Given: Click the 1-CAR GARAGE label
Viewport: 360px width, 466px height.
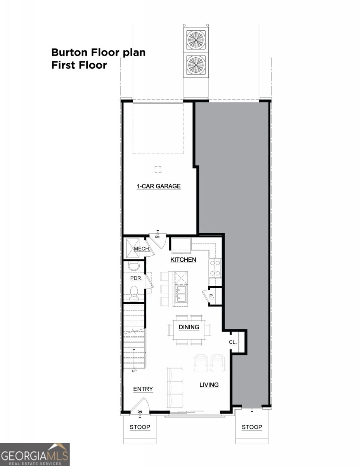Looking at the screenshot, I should point(158,186).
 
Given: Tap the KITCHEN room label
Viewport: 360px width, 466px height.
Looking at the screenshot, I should point(183,259).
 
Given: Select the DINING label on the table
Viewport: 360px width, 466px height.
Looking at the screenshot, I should point(189,327).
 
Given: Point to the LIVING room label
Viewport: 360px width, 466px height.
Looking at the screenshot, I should point(209,385).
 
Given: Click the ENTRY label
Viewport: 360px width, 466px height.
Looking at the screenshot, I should point(143,389).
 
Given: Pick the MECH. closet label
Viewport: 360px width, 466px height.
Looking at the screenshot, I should point(141,249).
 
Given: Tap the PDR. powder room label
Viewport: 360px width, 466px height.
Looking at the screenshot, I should point(136,278).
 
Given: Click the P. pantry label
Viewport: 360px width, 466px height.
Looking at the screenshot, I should point(212,296).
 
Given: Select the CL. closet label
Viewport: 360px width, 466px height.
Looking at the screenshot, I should point(233,343).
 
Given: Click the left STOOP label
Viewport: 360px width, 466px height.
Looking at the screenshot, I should point(140,427).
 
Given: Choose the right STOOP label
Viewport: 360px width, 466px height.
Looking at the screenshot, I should point(252,427).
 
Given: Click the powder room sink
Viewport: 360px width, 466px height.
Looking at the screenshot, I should point(133,266).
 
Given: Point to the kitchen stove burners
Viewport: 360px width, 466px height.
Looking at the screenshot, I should point(215,268).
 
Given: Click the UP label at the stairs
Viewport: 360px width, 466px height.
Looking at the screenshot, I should point(134,371).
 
